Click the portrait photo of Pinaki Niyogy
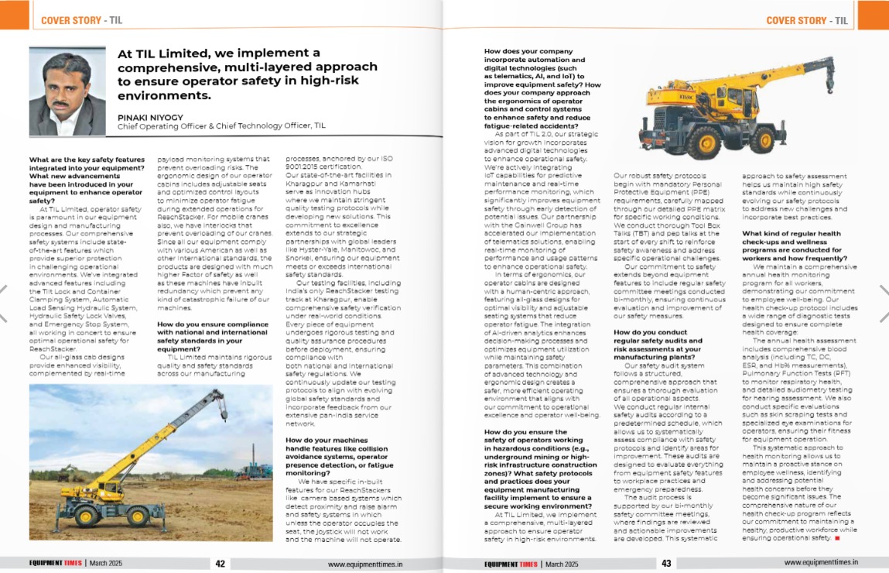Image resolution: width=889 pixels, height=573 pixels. [x=67, y=91]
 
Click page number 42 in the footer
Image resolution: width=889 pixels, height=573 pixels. [x=221, y=564]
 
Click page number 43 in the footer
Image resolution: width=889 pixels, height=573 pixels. [x=666, y=564]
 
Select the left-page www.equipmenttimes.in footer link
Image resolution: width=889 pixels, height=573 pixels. [x=365, y=564]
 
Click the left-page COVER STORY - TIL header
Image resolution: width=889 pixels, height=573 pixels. [x=81, y=20]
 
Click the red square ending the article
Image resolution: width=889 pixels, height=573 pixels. [x=836, y=538]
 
